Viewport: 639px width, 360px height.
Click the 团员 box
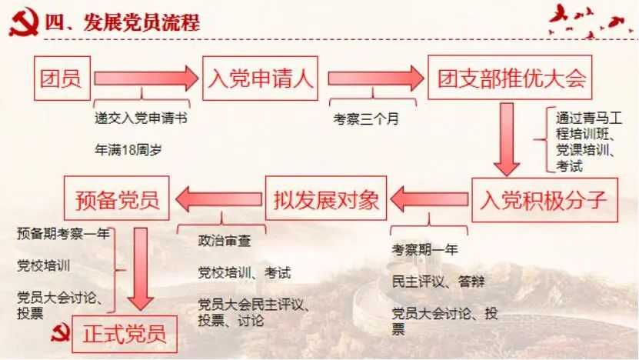tap(62, 78)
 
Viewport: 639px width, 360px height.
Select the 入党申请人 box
tap(260, 78)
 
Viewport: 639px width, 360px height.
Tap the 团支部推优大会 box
tap(510, 78)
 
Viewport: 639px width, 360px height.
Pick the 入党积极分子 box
tap(545, 200)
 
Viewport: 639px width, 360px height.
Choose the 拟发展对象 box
tap(326, 198)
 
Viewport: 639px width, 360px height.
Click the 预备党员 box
tap(117, 198)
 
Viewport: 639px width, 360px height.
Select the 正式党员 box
tap(125, 335)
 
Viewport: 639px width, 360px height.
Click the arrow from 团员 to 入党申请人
tap(146, 78)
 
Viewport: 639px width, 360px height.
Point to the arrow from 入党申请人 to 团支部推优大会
tap(376, 78)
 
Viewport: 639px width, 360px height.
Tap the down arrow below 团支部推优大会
tap(507, 139)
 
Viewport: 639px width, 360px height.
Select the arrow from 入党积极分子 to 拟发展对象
tap(429, 199)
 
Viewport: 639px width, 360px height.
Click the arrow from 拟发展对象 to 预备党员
tap(219, 199)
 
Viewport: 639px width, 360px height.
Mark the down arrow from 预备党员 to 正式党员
tap(141, 269)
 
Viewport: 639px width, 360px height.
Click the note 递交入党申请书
tap(141, 118)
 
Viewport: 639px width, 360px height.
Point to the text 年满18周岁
tap(128, 150)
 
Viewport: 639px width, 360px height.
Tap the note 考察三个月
tap(365, 119)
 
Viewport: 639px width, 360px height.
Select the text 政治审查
tap(224, 241)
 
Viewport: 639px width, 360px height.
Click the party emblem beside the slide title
tap(24, 22)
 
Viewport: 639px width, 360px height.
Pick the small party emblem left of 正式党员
tap(60, 332)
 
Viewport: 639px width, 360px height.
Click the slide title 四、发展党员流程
tap(122, 22)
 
